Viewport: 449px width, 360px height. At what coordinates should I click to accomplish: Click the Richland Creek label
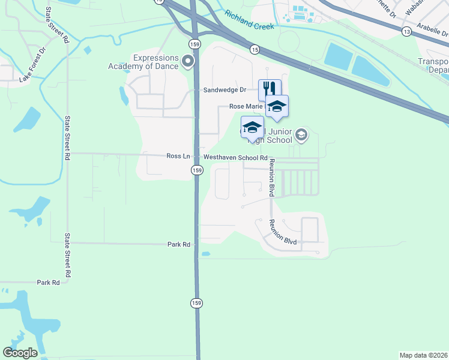click(x=249, y=22)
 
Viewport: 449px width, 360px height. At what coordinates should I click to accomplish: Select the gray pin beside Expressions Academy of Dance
click(x=188, y=61)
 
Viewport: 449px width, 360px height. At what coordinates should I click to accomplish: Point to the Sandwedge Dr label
click(x=225, y=90)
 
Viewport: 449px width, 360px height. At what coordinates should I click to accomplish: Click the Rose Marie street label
click(x=246, y=106)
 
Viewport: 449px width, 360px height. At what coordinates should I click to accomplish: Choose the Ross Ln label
click(x=178, y=156)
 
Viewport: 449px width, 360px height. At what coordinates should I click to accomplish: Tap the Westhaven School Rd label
click(x=235, y=158)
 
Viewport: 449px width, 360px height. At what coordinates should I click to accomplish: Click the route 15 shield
click(x=255, y=50)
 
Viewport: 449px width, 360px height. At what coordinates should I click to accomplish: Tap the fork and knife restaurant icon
click(x=270, y=89)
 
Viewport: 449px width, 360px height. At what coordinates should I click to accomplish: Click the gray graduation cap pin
click(x=302, y=136)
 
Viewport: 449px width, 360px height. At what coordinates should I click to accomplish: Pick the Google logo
click(x=20, y=353)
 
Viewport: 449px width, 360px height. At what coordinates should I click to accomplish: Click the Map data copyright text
click(x=423, y=355)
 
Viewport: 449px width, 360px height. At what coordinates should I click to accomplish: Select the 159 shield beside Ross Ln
click(x=197, y=170)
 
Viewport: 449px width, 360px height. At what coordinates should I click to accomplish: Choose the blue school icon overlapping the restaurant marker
click(x=277, y=106)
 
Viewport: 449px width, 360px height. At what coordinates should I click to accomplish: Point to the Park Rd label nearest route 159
click(x=178, y=244)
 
